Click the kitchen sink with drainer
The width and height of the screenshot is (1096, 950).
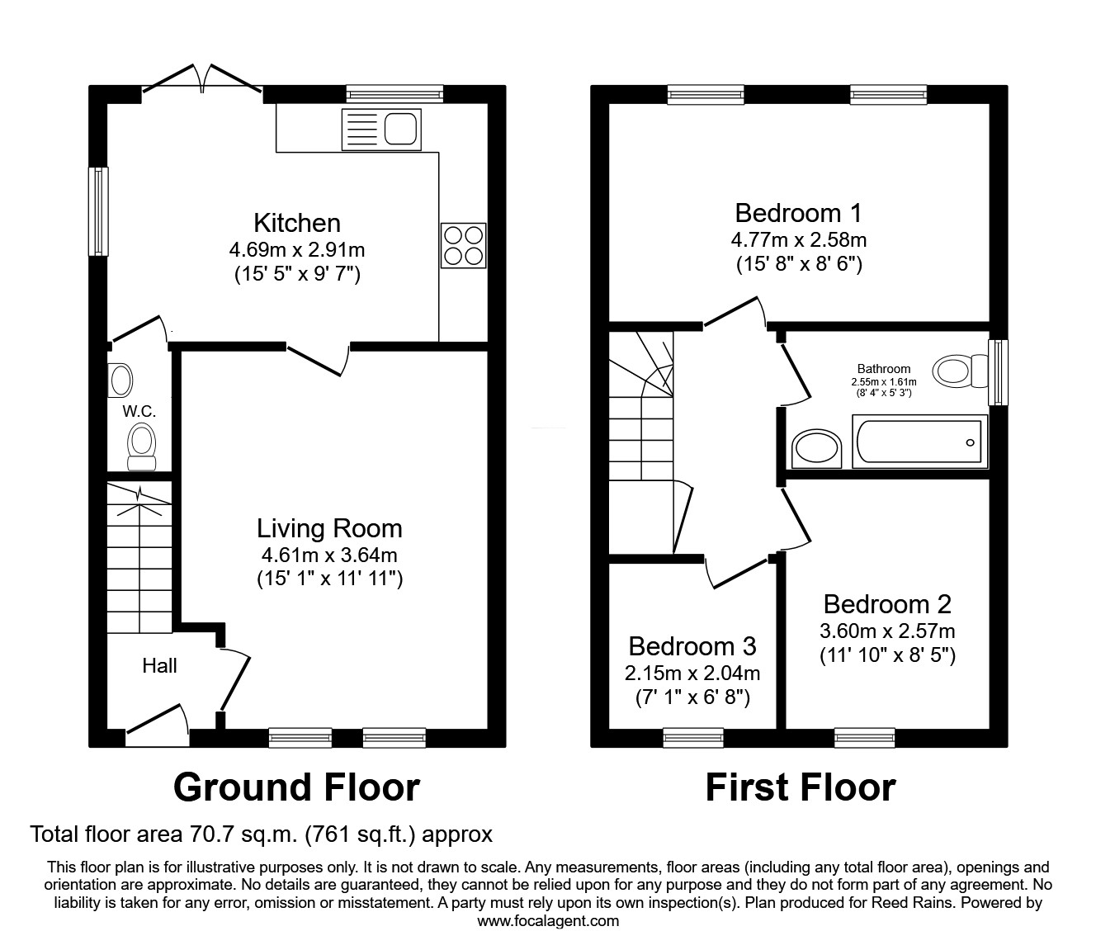(x=382, y=130)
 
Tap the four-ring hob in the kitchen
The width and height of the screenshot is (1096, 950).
(x=464, y=246)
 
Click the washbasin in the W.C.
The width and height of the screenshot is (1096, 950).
(x=120, y=380)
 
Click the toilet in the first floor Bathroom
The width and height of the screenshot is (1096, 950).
(x=961, y=371)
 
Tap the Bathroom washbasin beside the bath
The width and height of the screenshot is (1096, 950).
(x=816, y=449)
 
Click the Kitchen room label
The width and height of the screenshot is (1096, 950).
(x=297, y=223)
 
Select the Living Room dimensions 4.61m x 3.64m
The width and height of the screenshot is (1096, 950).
(x=329, y=555)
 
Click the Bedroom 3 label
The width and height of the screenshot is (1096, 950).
(x=692, y=646)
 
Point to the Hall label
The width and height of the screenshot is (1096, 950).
(x=159, y=666)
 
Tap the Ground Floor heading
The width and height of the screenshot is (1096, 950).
(x=297, y=787)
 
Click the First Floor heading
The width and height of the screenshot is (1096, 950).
(x=801, y=787)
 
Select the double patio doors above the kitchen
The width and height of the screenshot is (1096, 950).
(x=202, y=85)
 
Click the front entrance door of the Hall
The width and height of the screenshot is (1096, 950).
(x=158, y=724)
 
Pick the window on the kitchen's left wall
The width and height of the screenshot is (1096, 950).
(x=98, y=211)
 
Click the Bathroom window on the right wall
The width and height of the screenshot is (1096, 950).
(x=999, y=372)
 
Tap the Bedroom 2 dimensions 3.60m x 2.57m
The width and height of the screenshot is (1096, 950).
(x=888, y=631)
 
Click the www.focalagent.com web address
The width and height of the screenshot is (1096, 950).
(x=548, y=920)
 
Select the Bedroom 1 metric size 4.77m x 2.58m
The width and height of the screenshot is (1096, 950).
(x=799, y=239)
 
